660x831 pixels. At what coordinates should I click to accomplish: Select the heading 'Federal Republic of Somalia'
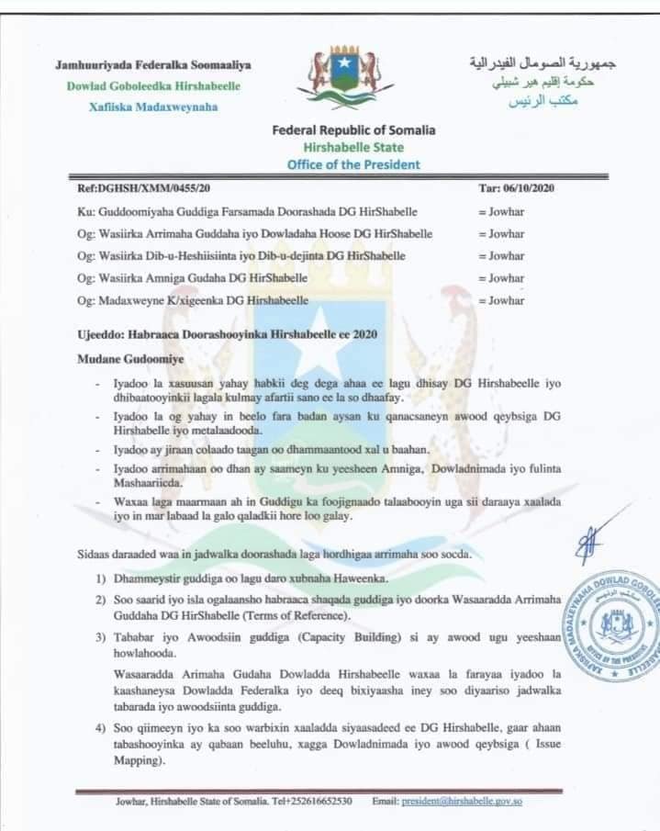pos(353,130)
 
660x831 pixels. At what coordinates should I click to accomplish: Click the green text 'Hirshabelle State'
pos(353,147)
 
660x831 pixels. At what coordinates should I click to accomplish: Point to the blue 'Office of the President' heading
pos(353,164)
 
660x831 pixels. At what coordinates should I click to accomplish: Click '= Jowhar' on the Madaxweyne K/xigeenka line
pos(501,300)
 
